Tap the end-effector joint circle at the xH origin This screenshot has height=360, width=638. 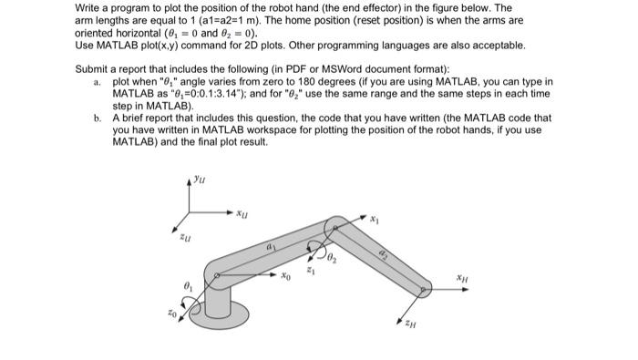pyautogui.click(x=425, y=291)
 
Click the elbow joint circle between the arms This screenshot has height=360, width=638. pyautogui.click(x=338, y=224)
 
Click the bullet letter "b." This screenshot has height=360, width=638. pyautogui.click(x=98, y=118)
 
